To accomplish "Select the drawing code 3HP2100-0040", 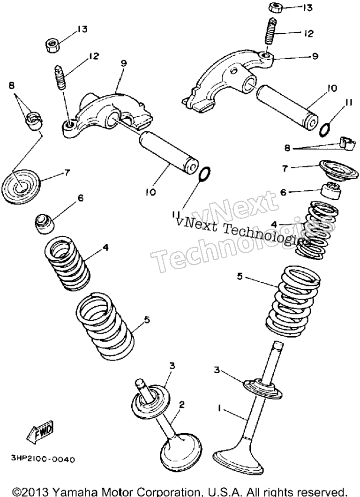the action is (44, 459).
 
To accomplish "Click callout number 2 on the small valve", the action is (181, 405).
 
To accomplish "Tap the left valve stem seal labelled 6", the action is (44, 224).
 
